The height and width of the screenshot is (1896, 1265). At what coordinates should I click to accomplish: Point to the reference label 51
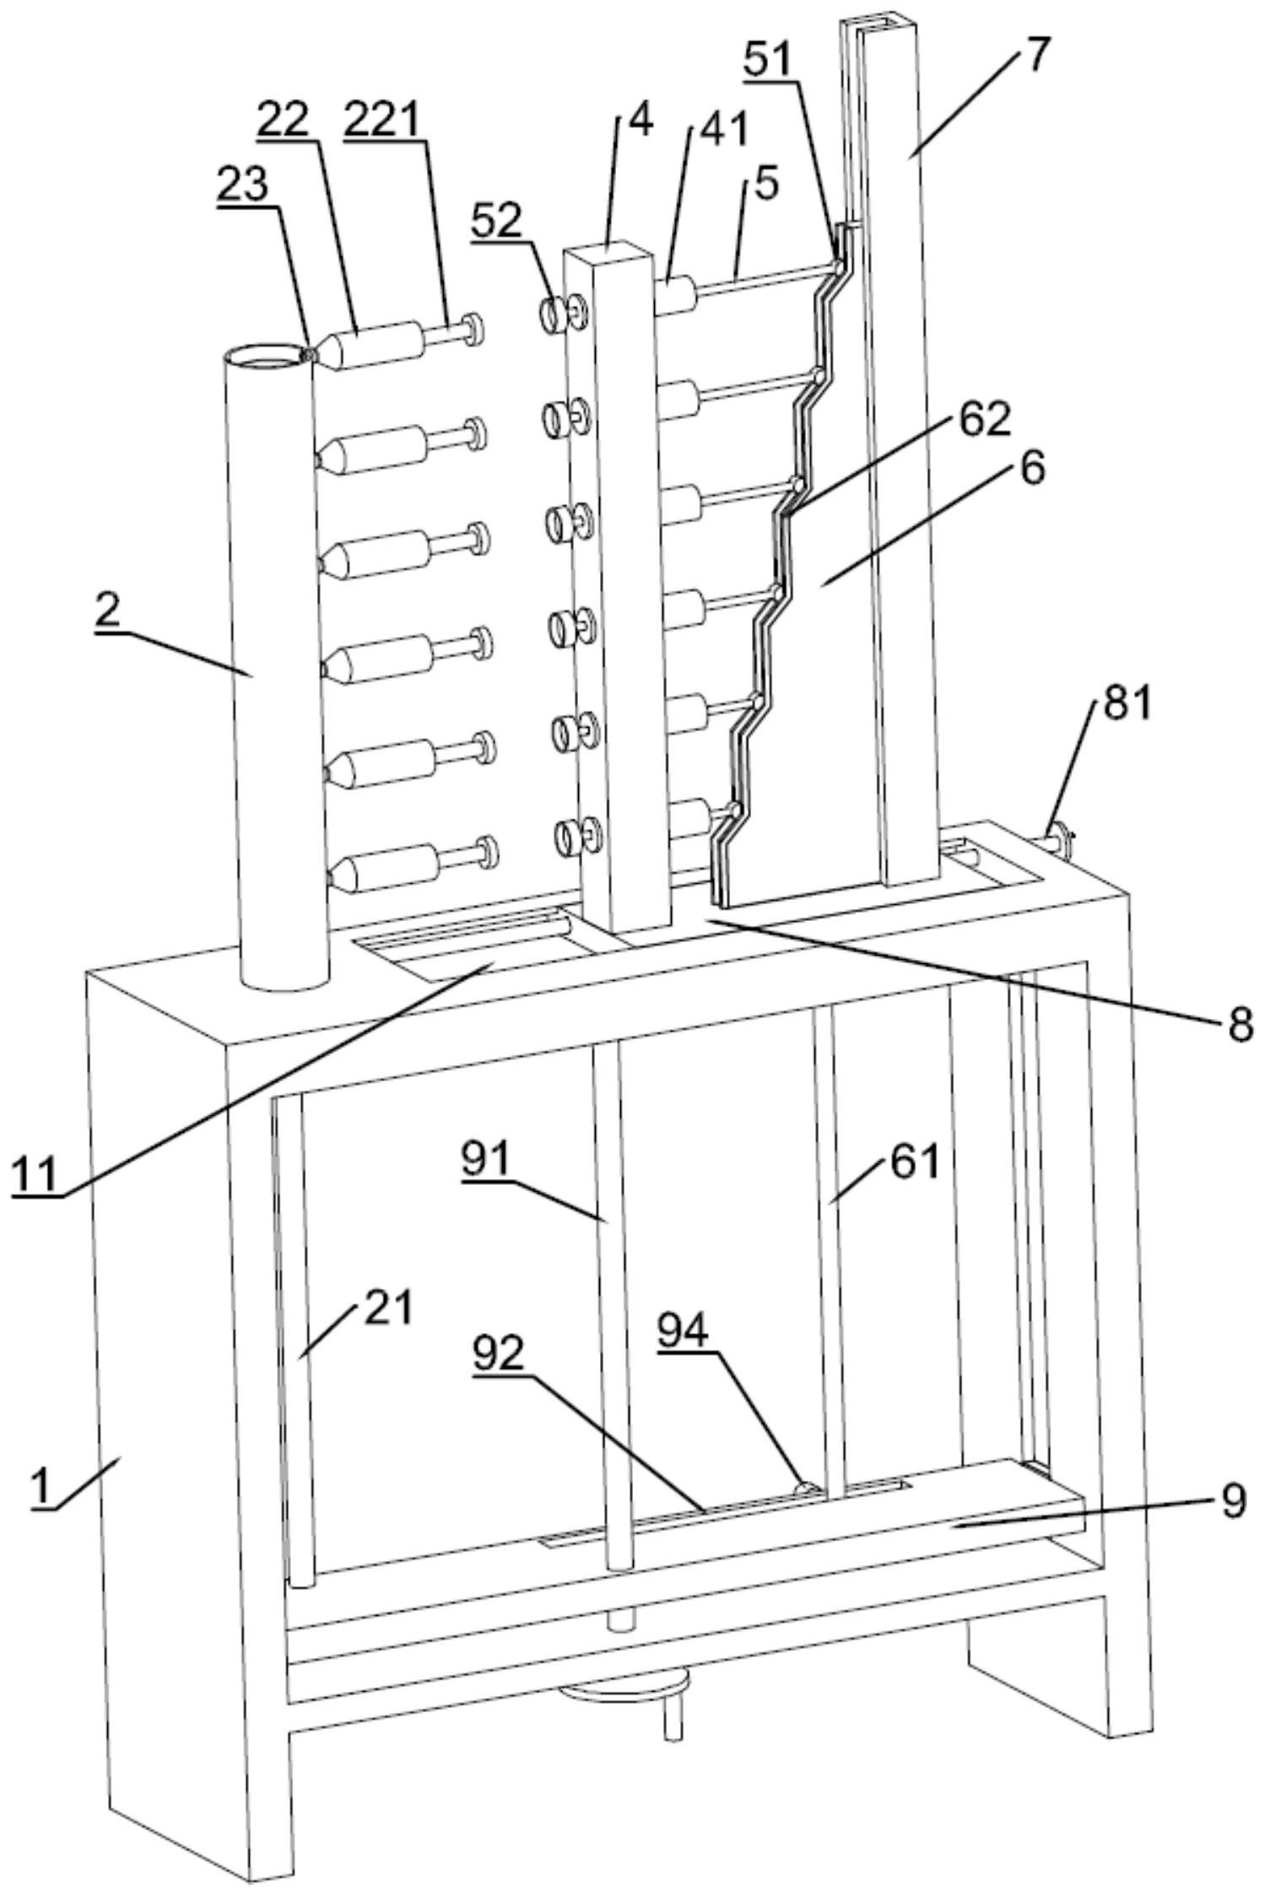click(767, 59)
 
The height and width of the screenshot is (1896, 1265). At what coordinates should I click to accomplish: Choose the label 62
click(983, 419)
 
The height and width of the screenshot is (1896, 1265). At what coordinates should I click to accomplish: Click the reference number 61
click(913, 1165)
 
